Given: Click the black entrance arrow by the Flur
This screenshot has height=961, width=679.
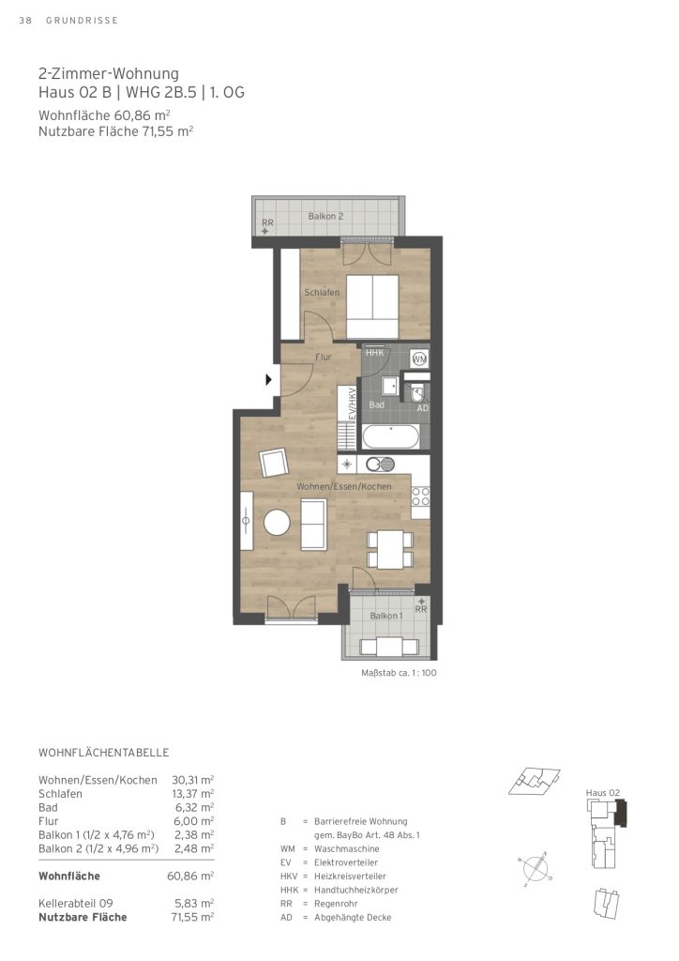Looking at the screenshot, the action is click(x=268, y=379).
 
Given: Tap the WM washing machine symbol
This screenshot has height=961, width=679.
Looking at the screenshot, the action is click(x=419, y=358).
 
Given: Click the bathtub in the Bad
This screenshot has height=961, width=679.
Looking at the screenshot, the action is click(x=391, y=438).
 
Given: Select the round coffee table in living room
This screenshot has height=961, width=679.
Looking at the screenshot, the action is click(x=277, y=523).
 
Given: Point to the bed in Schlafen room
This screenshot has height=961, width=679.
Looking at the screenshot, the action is click(x=372, y=307).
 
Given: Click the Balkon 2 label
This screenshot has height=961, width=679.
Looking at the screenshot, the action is click(x=325, y=217).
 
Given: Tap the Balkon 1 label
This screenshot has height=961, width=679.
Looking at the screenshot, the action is click(x=386, y=616).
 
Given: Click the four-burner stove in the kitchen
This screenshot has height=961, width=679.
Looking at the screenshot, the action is click(x=421, y=496).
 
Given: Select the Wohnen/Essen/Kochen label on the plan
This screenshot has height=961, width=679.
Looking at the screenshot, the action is click(x=344, y=486).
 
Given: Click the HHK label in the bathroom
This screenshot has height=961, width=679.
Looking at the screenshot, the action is click(x=375, y=353).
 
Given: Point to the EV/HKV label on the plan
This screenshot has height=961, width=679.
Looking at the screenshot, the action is click(x=352, y=404).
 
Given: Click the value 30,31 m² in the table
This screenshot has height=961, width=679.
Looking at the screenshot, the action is click(x=193, y=780).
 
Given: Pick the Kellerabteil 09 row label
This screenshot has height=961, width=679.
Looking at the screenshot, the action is click(x=76, y=904).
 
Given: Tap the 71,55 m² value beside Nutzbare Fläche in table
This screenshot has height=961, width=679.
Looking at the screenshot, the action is click(x=192, y=917).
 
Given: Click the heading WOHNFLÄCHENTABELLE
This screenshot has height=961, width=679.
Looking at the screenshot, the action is click(x=103, y=753).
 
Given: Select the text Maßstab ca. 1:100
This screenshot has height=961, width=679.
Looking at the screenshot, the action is click(x=399, y=672).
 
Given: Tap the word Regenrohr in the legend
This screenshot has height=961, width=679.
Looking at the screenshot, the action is click(x=336, y=904).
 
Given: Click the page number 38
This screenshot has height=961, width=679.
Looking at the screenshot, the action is click(x=25, y=21).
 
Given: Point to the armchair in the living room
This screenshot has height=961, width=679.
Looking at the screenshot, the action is click(x=274, y=463).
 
